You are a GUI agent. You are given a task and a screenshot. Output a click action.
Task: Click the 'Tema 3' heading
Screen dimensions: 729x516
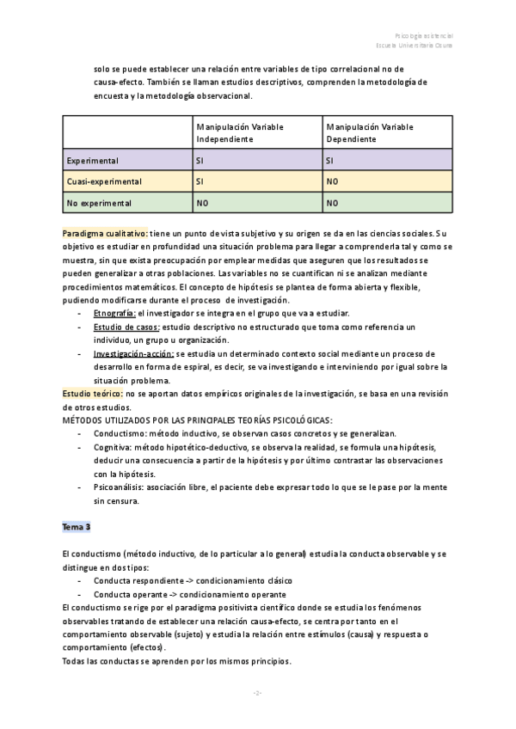coord(77,525)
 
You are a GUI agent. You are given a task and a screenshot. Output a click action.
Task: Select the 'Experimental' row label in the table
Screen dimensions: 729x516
coord(93,160)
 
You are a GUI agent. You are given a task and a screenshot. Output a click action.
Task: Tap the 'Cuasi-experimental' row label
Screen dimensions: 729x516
coord(103,181)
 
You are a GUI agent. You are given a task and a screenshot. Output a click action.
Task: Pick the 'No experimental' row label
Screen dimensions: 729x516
coord(99,204)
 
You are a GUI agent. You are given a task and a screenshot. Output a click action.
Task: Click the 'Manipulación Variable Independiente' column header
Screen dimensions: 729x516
coord(240,132)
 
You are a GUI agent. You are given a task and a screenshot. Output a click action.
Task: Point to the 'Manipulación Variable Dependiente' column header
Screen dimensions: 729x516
coord(370,132)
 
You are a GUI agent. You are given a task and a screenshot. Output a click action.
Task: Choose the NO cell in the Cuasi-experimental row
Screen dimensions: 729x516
coord(333,181)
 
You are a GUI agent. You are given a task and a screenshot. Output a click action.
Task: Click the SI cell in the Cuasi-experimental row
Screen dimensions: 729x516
coord(201,181)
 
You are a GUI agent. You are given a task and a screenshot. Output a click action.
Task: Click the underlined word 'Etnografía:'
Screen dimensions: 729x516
coord(114,313)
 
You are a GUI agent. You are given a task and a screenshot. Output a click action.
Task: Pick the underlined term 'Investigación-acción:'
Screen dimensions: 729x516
coord(133,353)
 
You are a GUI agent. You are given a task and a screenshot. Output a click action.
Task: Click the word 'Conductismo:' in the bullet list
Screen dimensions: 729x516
coord(120,434)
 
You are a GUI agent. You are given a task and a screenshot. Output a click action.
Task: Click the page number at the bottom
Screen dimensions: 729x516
coord(257,693)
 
